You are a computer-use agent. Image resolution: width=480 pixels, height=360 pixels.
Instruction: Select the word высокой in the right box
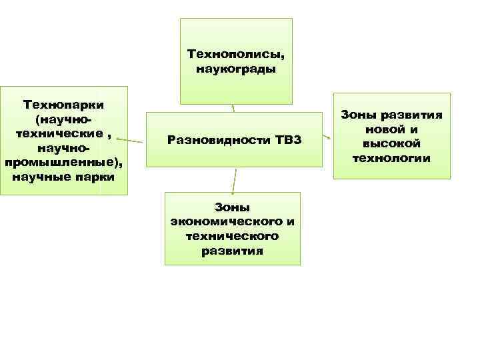pos(391,143)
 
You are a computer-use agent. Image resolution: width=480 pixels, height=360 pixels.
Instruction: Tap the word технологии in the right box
pos(392,158)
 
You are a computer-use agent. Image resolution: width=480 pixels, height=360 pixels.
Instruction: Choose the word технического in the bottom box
pos(233,237)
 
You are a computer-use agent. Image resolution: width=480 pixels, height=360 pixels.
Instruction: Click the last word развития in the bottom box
pos(232,251)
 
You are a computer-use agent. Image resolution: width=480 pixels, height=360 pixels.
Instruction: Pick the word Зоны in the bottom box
pos(232,207)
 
